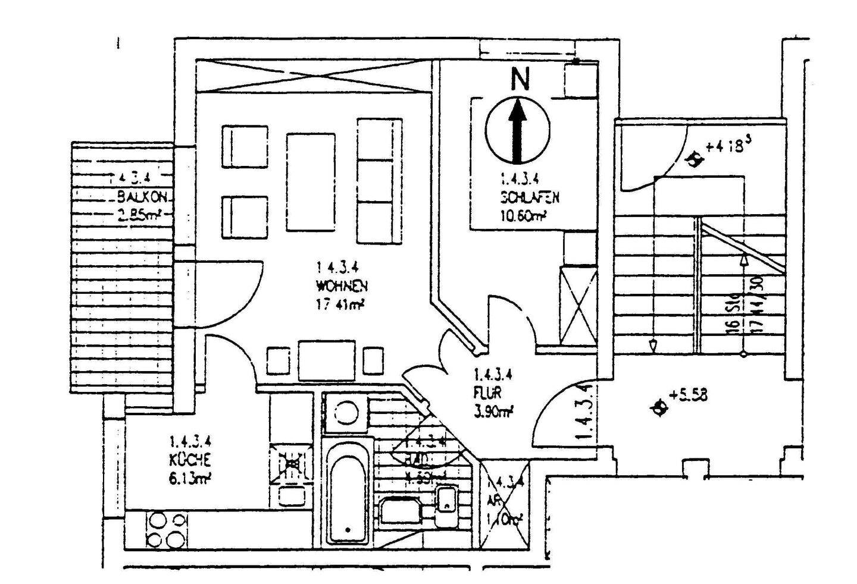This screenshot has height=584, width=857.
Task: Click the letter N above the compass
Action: tap(520, 79)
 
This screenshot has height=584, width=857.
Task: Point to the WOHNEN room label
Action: tap(342, 286)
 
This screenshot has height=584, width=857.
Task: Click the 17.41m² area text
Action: tap(340, 304)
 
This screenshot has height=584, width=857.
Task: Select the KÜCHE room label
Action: tap(189, 459)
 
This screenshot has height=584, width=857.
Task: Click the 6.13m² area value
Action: tap(191, 478)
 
